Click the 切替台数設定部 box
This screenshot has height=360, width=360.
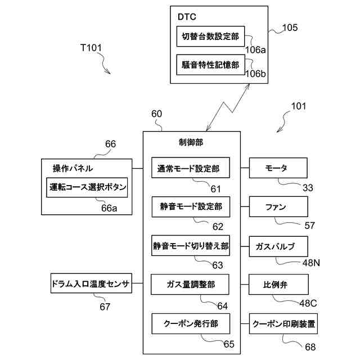point(210,36)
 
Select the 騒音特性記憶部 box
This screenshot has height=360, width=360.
point(210,65)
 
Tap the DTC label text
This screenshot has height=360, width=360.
point(187,17)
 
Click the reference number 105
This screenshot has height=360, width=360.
point(290,28)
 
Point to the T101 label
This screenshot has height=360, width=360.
point(91,48)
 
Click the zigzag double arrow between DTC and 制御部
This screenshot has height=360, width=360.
point(228,107)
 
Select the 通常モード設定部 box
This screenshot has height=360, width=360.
point(191,168)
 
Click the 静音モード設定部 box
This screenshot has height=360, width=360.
point(191,206)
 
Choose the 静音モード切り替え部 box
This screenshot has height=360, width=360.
point(191,246)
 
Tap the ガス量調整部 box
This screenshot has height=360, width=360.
point(190,284)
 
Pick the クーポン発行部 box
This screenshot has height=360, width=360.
point(191,323)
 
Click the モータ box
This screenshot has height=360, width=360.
point(278,168)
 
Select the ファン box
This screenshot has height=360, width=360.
point(278,206)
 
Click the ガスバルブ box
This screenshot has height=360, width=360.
point(278,246)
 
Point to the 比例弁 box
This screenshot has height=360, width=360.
point(278,284)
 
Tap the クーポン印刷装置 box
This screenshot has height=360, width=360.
point(283,323)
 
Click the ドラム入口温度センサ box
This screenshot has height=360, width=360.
point(91,283)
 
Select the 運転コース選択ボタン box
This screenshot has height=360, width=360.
point(87,187)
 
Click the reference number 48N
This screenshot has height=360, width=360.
point(311,263)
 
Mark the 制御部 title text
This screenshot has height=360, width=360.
point(191,142)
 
